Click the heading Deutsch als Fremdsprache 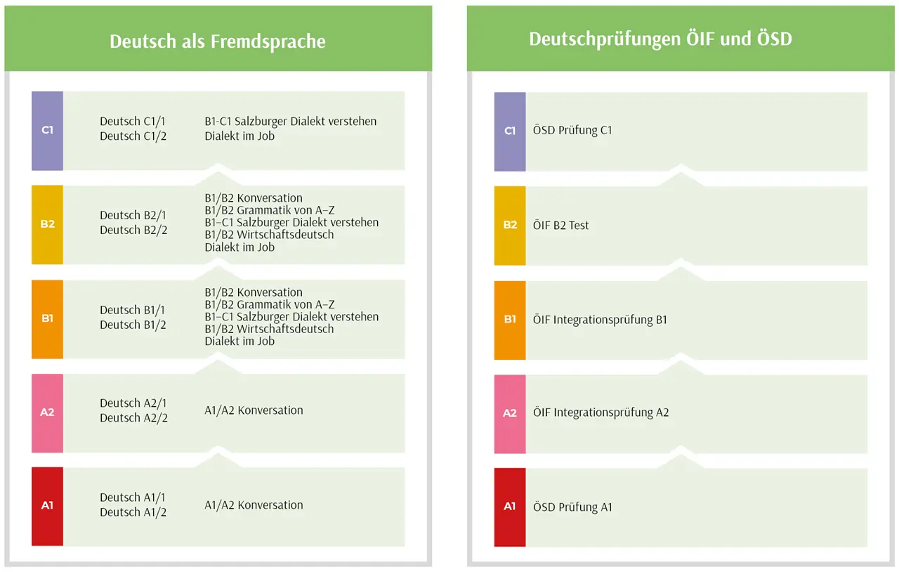click(218, 41)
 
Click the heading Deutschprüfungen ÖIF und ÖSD click(661, 39)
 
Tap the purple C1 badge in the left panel click(47, 131)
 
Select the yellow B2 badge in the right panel click(510, 226)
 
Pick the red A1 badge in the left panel click(47, 506)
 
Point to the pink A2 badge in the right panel click(510, 414)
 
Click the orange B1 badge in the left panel click(47, 319)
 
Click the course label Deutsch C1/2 click(133, 136)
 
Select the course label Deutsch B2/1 click(133, 215)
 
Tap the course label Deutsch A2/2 click(133, 417)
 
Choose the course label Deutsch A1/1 click(133, 498)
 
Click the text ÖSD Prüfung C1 click(572, 130)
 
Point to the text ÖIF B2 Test click(560, 225)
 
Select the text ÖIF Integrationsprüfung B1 click(600, 320)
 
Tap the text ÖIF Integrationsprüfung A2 click(601, 412)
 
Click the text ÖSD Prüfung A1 click(572, 507)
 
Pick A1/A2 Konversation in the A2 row click(254, 410)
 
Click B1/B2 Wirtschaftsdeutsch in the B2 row click(269, 235)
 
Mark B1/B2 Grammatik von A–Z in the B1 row click(269, 304)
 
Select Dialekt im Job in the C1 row click(239, 136)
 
